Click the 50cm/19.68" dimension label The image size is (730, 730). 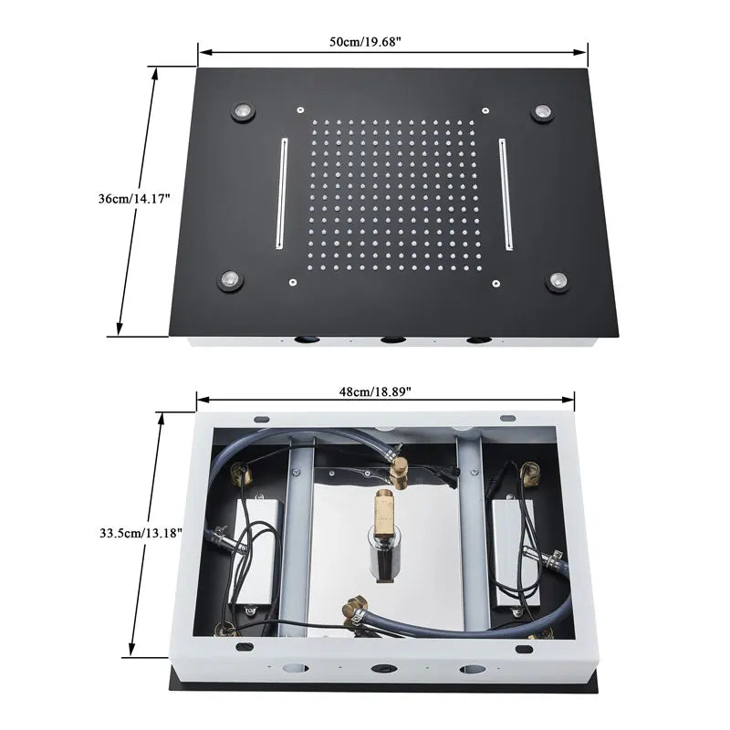(x=366, y=42)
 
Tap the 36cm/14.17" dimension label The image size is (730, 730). (x=134, y=199)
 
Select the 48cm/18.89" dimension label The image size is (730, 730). (x=375, y=391)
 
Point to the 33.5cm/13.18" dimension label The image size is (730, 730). (x=141, y=533)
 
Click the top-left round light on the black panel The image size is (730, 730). (x=243, y=111)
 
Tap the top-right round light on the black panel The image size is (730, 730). (x=542, y=111)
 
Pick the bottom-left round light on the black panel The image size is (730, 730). (x=230, y=281)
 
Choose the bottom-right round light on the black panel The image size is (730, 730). (x=558, y=281)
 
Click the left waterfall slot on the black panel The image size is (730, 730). (x=282, y=193)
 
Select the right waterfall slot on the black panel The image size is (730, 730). (x=506, y=193)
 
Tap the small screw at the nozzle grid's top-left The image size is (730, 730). (x=300, y=109)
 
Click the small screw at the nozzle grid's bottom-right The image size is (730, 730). (x=496, y=283)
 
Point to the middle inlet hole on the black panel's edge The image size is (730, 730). (x=392, y=340)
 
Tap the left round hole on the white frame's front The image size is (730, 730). (x=295, y=668)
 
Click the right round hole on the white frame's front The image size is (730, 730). (x=471, y=670)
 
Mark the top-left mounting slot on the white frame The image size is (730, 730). (x=261, y=420)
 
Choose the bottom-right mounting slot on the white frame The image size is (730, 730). (x=524, y=649)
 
